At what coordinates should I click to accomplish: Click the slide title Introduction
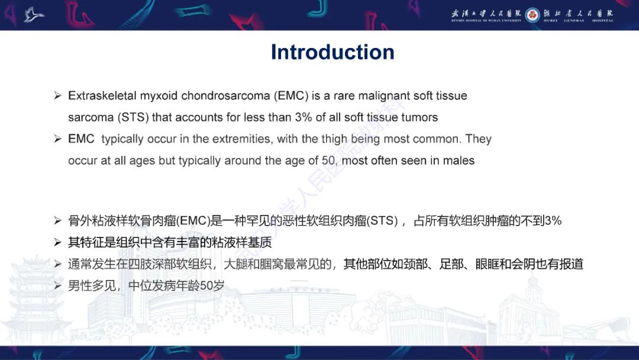[333, 52]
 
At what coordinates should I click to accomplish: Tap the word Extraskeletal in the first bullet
[102, 95]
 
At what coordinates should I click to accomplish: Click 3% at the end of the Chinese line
[553, 221]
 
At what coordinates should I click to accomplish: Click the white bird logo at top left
[34, 14]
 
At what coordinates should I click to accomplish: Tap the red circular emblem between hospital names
[532, 14]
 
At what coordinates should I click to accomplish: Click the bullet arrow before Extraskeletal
[57, 96]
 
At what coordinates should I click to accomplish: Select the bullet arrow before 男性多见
[57, 286]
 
